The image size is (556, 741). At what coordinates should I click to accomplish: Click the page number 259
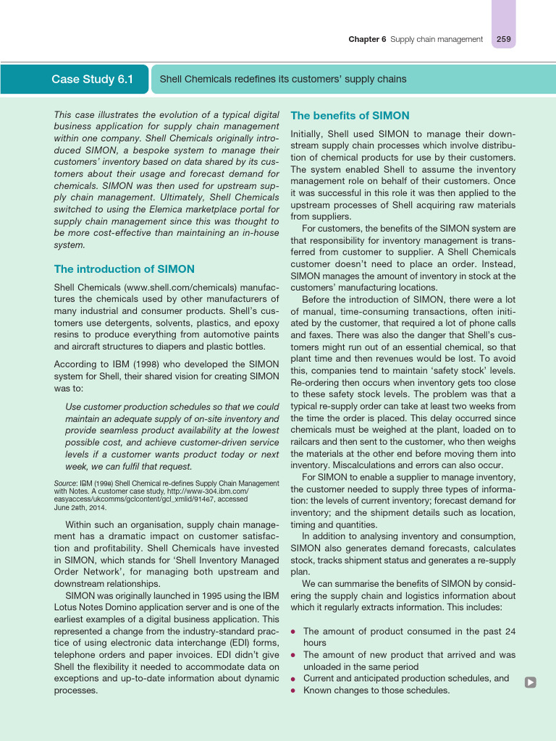pyautogui.click(x=503, y=39)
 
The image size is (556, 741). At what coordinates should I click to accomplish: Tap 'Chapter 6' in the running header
pyautogui.click(x=368, y=39)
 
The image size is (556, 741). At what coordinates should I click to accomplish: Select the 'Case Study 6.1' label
pyautogui.click(x=92, y=79)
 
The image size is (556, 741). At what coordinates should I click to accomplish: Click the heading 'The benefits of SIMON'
pyautogui.click(x=350, y=116)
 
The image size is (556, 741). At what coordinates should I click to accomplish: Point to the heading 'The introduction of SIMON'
pyautogui.click(x=124, y=269)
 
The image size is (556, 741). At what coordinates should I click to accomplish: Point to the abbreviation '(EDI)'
pyautogui.click(x=232, y=643)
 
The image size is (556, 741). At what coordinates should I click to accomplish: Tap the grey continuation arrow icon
pyautogui.click(x=531, y=682)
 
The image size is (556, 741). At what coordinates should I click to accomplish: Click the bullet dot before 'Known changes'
pyautogui.click(x=293, y=691)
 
